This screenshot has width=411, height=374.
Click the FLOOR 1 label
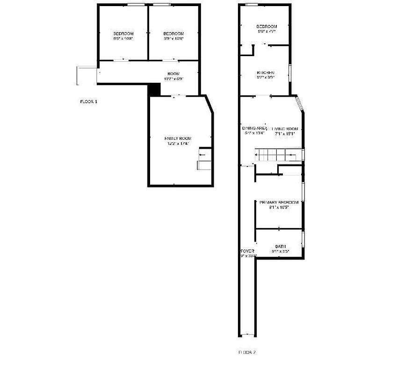88,101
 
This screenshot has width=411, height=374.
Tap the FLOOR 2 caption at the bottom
247,352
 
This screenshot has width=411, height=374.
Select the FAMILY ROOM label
178,138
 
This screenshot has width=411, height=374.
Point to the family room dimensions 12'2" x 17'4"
178,144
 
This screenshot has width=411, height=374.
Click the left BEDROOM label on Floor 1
123,34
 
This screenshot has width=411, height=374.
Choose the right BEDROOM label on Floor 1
173,34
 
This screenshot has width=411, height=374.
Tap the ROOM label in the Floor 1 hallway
174,74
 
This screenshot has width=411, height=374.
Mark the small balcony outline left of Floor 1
87,75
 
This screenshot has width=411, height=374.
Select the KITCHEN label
265,73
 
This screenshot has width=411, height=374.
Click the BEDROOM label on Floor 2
267,27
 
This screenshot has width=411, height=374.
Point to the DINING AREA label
254,128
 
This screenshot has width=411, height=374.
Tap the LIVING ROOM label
285,129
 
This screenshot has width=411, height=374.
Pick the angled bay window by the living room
300,104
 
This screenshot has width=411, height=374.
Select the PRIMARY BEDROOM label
279,202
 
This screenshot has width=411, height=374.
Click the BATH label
281,246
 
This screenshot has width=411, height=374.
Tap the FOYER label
247,251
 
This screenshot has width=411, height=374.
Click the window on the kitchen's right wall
290,73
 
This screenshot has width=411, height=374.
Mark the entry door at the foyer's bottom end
247,335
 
